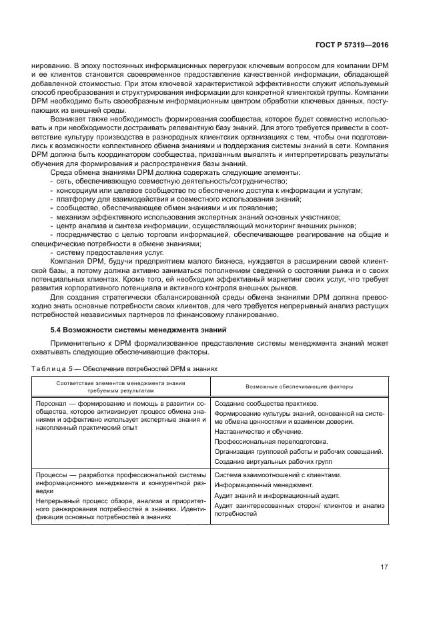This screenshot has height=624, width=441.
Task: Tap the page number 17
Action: click(384, 567)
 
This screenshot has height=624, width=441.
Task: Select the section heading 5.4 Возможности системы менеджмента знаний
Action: click(139, 330)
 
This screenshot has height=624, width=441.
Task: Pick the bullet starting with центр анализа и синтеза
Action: click(200, 226)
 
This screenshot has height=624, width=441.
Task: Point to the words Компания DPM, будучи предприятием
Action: click(100, 263)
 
